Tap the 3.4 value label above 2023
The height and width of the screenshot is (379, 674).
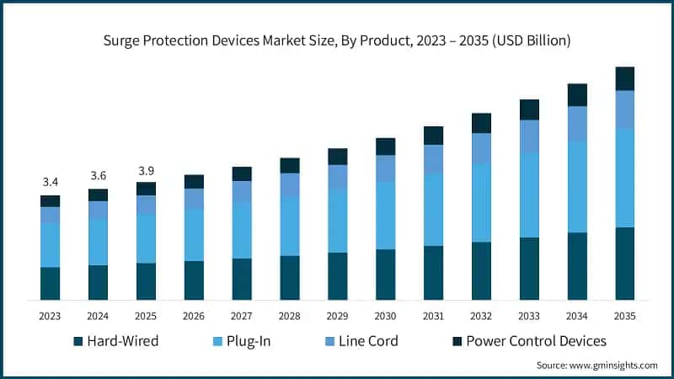[51, 182]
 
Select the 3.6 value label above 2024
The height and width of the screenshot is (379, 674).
[99, 175]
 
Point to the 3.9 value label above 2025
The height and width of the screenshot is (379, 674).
[147, 168]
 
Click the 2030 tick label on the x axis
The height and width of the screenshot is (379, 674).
[386, 316]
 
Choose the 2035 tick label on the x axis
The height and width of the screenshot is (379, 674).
[625, 316]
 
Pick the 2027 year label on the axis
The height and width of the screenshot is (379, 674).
[242, 316]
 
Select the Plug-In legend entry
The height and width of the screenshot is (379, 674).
[240, 341]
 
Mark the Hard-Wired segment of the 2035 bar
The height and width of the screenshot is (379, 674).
[625, 264]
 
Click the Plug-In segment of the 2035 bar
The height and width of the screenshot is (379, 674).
[625, 178]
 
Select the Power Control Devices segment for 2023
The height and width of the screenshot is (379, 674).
[51, 200]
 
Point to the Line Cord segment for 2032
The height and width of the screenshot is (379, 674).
[481, 148]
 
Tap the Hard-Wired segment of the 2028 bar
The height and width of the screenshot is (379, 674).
[290, 278]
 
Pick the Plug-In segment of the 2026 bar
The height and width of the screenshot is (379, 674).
[194, 235]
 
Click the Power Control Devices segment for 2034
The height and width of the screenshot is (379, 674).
[577, 94]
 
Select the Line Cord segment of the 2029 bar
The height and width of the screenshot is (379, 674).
[338, 177]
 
